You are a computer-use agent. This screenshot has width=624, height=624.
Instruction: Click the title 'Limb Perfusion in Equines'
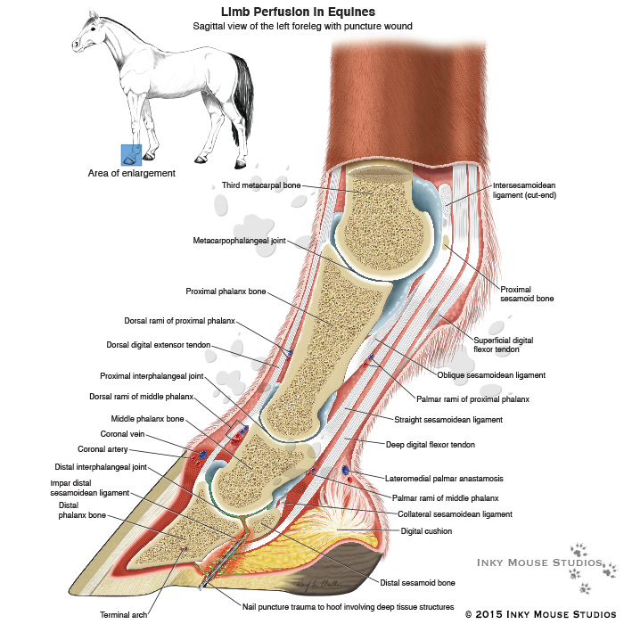[x=298, y=12]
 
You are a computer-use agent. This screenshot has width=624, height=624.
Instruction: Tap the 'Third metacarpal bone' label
[x=261, y=185]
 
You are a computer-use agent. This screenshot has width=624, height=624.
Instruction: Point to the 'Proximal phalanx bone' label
[x=226, y=291]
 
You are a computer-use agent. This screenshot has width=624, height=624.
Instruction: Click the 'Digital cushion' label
[x=426, y=530]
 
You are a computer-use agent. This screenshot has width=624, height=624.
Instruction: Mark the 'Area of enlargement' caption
[x=131, y=173]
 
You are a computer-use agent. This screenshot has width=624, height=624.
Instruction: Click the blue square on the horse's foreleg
[x=131, y=155]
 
